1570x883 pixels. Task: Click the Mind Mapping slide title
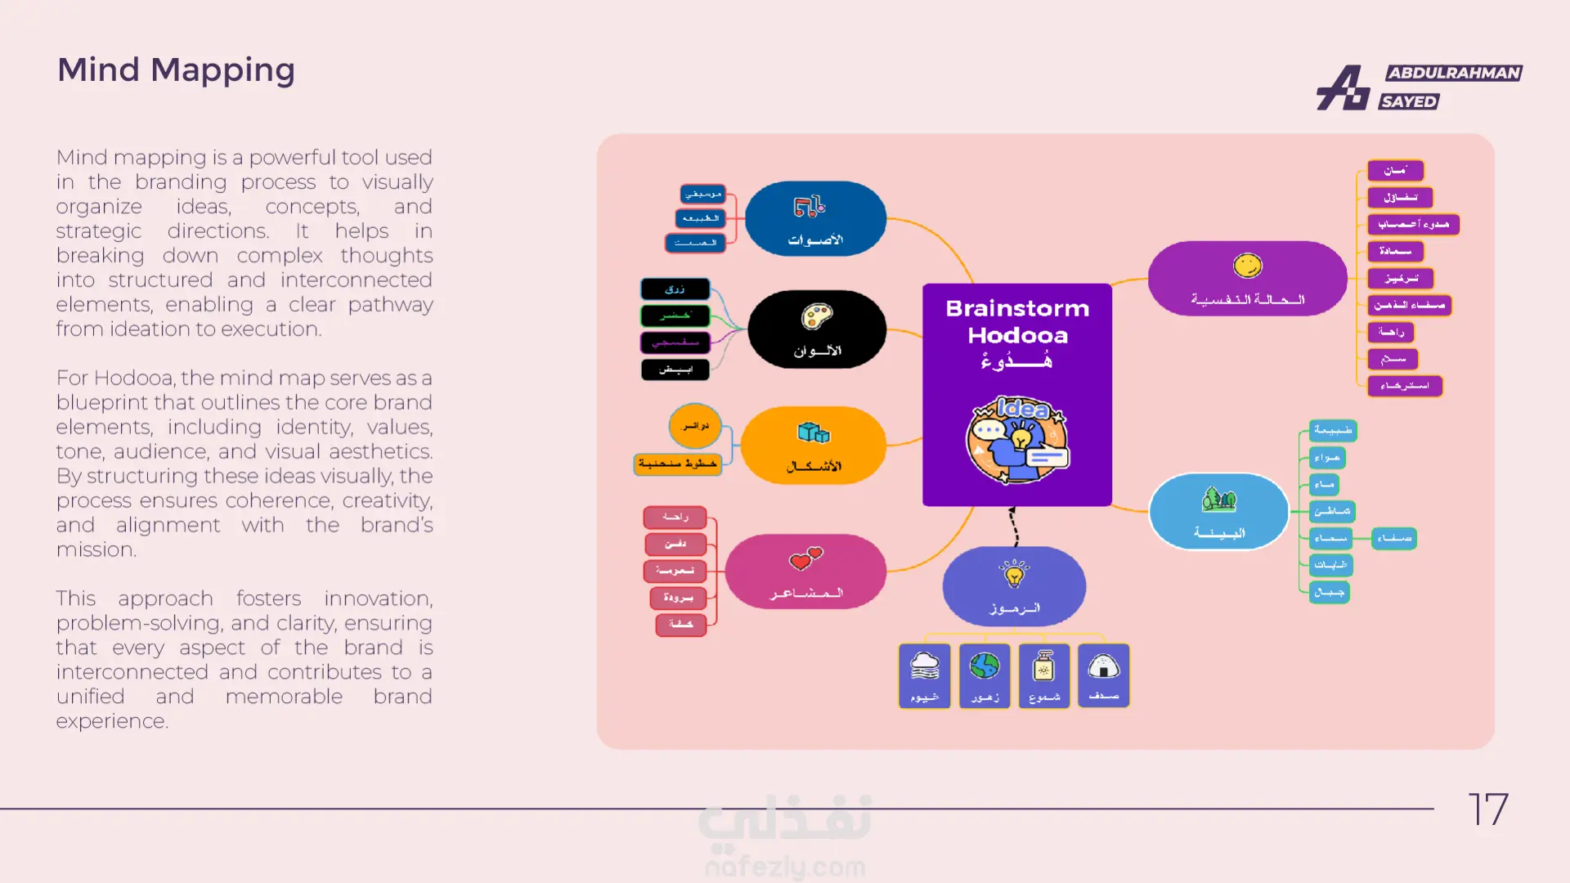click(176, 70)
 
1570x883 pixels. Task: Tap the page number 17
click(1487, 809)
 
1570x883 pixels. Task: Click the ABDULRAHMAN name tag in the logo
click(1454, 73)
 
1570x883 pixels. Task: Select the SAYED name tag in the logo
click(1409, 101)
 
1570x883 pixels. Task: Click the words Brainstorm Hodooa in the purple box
click(1017, 321)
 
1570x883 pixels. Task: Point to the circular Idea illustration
click(1017, 439)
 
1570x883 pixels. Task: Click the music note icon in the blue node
click(810, 206)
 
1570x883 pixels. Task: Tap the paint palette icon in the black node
click(816, 316)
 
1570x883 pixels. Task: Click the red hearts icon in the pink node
click(805, 558)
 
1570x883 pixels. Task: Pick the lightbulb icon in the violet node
click(1014, 573)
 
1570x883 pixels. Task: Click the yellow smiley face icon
click(1247, 266)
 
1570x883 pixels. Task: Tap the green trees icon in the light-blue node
click(1218, 499)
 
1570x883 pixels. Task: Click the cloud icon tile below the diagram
click(925, 675)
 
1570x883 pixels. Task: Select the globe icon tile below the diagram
click(985, 675)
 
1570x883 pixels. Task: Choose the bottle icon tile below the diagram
click(1044, 675)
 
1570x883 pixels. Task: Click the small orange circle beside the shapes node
click(695, 425)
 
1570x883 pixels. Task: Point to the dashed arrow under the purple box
click(1014, 527)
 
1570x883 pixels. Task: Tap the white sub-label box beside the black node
click(675, 370)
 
